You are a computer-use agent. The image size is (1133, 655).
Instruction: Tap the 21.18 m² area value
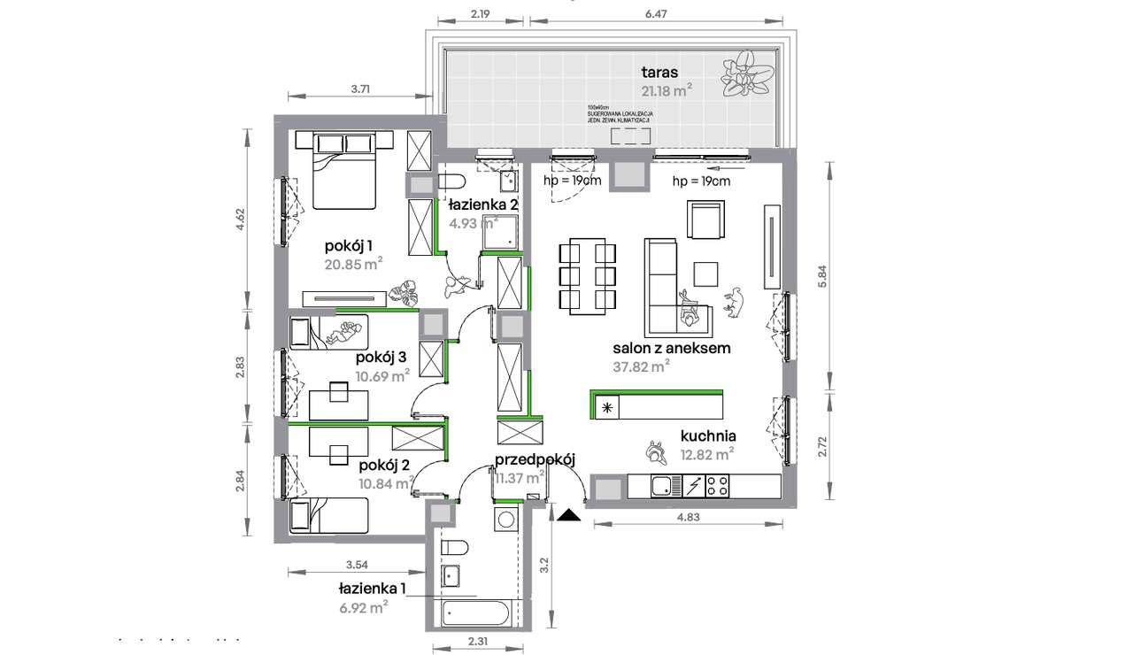pos(666,89)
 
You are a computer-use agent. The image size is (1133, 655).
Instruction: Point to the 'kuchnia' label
pos(708,435)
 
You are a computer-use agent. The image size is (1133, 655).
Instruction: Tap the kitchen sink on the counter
pos(660,486)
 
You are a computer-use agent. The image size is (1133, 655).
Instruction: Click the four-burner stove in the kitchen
pos(717,486)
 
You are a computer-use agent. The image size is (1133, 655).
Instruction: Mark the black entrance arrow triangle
pos(568,513)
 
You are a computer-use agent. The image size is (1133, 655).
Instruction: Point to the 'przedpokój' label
pos(535,458)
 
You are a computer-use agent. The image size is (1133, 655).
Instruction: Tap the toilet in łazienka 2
pos(451,182)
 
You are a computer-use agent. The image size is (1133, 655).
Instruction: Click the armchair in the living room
pos(705,220)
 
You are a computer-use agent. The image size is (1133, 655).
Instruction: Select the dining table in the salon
pos(587,275)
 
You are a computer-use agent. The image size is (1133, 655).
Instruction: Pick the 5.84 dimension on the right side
pos(822,276)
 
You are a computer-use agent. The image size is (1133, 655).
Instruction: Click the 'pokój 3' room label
pos(381,358)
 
